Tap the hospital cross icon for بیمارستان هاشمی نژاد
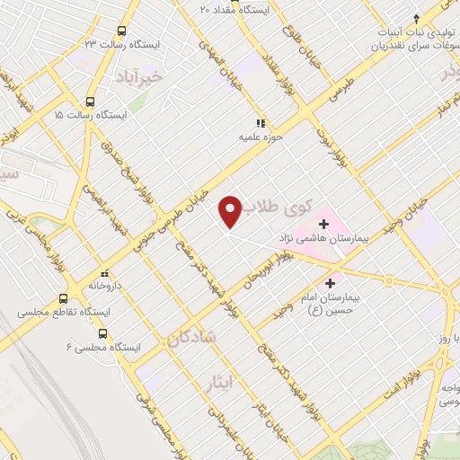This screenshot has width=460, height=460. tap(323, 223)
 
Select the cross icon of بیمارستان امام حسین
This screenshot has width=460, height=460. tap(330, 282)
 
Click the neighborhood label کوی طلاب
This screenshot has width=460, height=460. tap(281, 206)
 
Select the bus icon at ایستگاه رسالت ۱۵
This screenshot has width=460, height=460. tap(90, 102)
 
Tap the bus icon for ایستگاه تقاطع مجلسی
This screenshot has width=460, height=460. tap(63, 298)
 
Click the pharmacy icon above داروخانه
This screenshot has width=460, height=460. tap(105, 271)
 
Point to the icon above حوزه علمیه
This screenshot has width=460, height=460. tap(261, 123)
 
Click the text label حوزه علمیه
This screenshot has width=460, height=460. tap(255, 137)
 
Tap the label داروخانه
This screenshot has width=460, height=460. tap(105, 286)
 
